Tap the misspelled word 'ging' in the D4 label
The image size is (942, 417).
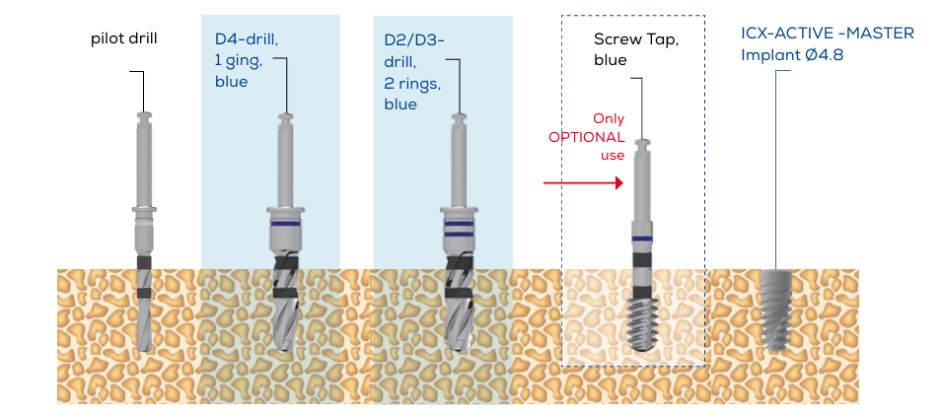[242, 61]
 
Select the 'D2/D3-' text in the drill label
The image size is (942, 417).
[414, 40]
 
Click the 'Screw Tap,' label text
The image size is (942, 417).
[636, 39]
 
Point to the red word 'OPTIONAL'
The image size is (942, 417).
[587, 137]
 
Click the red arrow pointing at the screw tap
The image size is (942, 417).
[583, 182]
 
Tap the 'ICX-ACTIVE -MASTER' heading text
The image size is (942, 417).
[828, 34]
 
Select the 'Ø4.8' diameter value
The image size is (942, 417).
[825, 55]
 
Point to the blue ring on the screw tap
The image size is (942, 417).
[643, 240]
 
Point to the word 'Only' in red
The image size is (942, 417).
[609, 118]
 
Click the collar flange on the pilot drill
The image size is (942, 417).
[144, 210]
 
